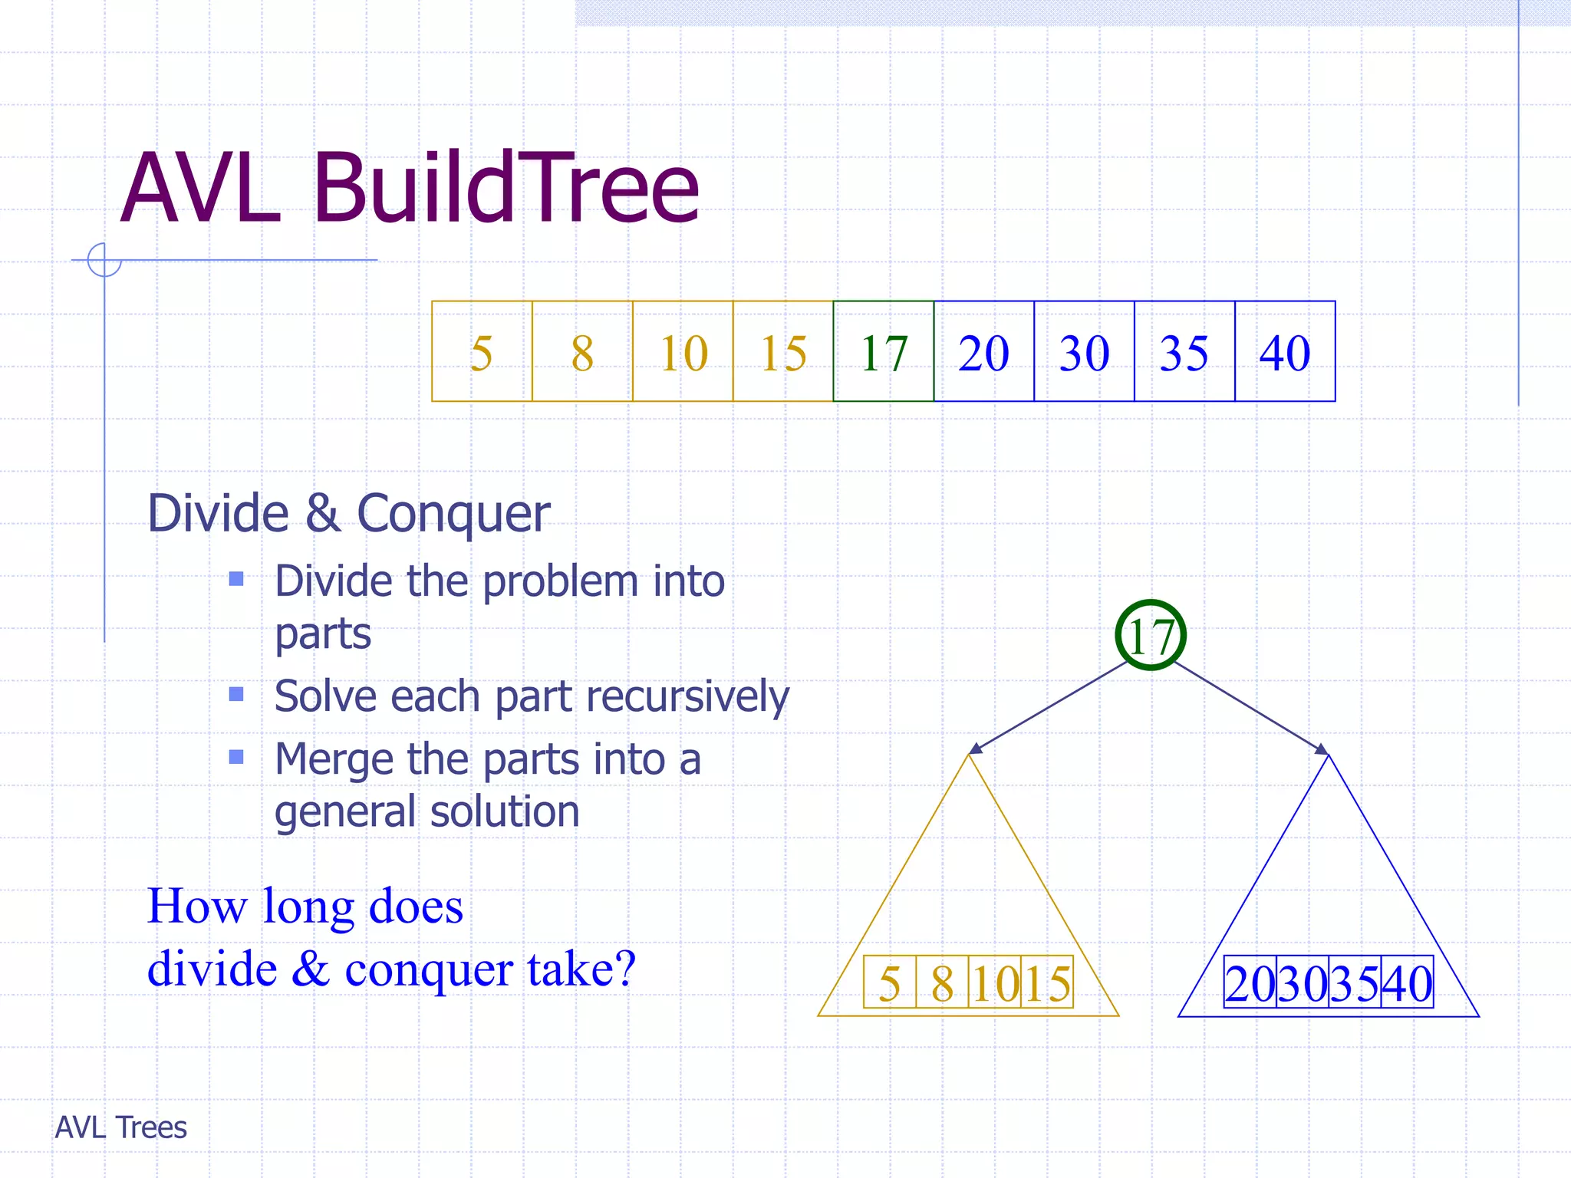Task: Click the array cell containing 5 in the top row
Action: click(482, 352)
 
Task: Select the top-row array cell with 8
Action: click(582, 352)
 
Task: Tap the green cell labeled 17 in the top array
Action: click(884, 352)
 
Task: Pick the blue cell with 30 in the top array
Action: click(1084, 352)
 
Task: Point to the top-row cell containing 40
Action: click(1285, 352)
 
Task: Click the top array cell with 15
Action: click(783, 352)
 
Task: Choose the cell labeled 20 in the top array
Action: click(984, 352)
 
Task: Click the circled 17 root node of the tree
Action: click(1151, 635)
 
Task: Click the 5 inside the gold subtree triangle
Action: click(890, 982)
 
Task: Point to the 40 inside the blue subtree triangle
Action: click(1408, 982)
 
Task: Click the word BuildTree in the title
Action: click(506, 188)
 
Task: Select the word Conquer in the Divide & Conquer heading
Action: click(453, 513)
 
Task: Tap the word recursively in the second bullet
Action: click(687, 696)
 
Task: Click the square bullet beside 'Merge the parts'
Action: click(236, 758)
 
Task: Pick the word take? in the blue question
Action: click(581, 969)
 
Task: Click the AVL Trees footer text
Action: click(121, 1127)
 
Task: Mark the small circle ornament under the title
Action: click(104, 259)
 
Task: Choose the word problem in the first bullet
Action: click(561, 581)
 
